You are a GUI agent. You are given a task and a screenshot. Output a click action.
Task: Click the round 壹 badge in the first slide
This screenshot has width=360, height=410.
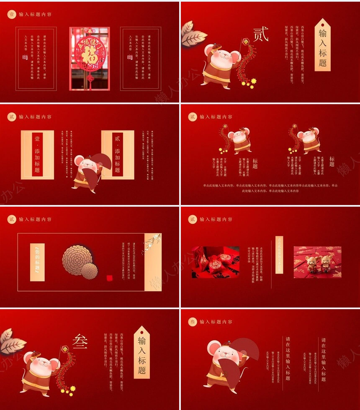(12, 14)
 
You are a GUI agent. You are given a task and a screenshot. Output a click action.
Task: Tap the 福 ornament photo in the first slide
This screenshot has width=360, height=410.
(89, 59)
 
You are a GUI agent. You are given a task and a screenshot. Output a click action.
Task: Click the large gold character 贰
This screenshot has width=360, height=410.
(261, 35)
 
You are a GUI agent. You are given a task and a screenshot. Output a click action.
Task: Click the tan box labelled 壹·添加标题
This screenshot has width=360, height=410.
(37, 155)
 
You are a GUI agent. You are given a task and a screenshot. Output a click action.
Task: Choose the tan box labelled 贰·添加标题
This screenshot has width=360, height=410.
(118, 155)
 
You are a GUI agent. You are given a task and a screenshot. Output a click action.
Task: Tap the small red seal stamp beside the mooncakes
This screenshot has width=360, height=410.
(110, 278)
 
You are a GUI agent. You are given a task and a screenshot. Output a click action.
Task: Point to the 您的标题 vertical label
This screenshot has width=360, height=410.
(37, 262)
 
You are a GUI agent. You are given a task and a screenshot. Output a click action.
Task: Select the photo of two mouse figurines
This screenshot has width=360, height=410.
(317, 262)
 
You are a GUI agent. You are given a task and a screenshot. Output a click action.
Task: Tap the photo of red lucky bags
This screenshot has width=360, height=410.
(216, 262)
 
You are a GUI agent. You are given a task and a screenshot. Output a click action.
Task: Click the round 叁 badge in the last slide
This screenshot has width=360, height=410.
(193, 322)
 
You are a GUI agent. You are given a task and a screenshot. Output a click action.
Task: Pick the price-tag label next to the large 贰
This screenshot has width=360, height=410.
(322, 45)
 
